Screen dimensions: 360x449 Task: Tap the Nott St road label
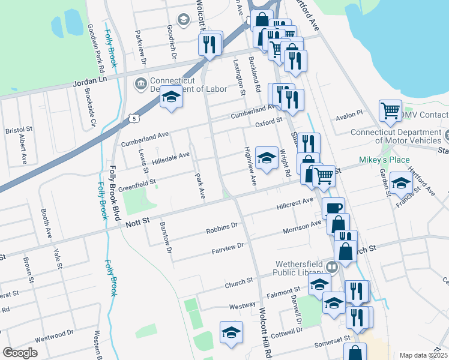pyautogui.click(x=137, y=223)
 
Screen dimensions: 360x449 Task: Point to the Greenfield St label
pyautogui.click(x=137, y=182)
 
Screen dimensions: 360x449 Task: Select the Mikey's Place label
pyautogui.click(x=384, y=160)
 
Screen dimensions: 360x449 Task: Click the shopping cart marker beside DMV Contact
pyautogui.click(x=390, y=111)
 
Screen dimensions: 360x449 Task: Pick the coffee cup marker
pyautogui.click(x=333, y=208)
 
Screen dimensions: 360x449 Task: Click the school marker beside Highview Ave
pyautogui.click(x=267, y=157)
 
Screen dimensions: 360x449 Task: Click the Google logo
pyautogui.click(x=20, y=353)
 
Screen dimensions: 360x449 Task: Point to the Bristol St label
pyautogui.click(x=13, y=130)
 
